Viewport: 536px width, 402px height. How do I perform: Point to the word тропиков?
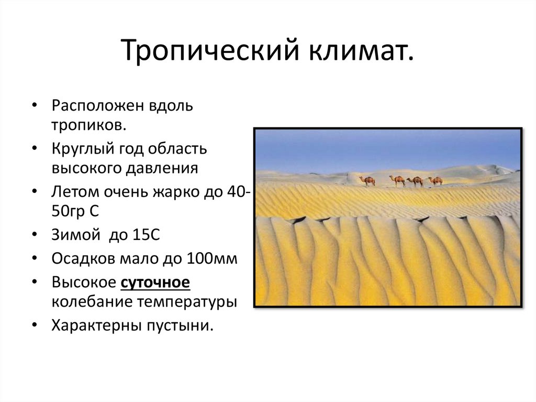[88, 126]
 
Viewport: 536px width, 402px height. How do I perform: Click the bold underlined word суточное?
[155, 282]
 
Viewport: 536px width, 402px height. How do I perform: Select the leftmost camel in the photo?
[368, 181]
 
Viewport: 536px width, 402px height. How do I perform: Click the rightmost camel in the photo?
[435, 181]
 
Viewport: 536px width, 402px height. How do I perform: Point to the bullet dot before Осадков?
[34, 259]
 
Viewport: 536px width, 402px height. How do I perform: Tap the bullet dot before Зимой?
[34, 236]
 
